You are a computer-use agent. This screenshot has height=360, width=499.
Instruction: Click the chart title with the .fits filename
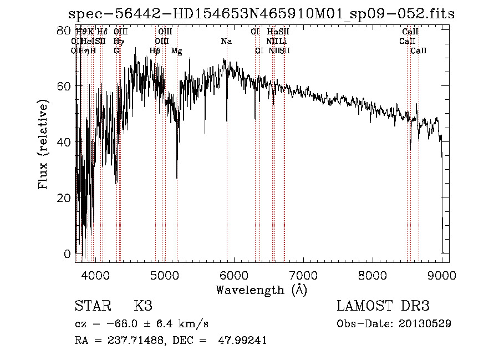(261, 14)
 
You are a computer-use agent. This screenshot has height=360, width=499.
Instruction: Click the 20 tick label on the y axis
(64, 198)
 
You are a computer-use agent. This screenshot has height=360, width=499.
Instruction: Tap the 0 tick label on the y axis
(68, 254)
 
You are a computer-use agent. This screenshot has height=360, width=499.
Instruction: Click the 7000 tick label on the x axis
(303, 275)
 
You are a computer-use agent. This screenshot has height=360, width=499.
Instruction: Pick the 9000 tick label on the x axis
(442, 275)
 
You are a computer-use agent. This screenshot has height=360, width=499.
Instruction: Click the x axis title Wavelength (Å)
(261, 290)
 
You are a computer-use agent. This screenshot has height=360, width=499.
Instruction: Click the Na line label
(226, 42)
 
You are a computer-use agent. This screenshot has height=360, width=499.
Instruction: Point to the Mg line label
(176, 51)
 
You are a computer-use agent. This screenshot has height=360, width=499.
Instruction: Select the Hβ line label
(155, 51)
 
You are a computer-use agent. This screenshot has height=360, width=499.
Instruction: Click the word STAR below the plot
(92, 306)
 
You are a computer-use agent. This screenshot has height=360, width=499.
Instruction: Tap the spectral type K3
(143, 306)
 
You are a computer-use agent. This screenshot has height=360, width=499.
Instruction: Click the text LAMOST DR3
(383, 306)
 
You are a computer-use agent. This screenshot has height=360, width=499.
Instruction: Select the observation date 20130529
(426, 323)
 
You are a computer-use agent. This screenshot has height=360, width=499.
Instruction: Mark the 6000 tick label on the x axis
(234, 275)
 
